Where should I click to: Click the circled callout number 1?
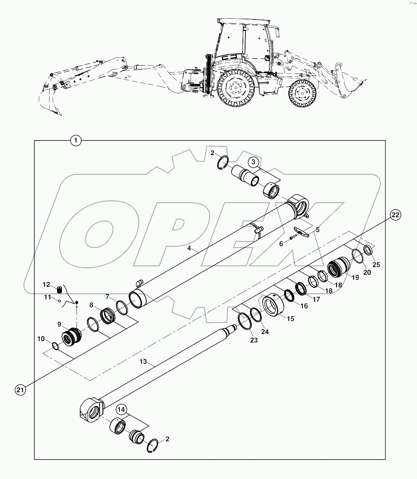click(76, 141)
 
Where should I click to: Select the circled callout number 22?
click(395, 215)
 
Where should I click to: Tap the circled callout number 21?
click(20, 390)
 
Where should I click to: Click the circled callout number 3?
click(253, 162)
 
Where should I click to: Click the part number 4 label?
click(189, 248)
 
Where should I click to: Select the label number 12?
click(46, 284)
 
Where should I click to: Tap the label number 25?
click(376, 265)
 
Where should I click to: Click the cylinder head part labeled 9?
click(72, 335)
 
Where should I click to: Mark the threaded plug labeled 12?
click(59, 290)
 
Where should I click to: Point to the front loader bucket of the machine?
click(351, 88)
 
